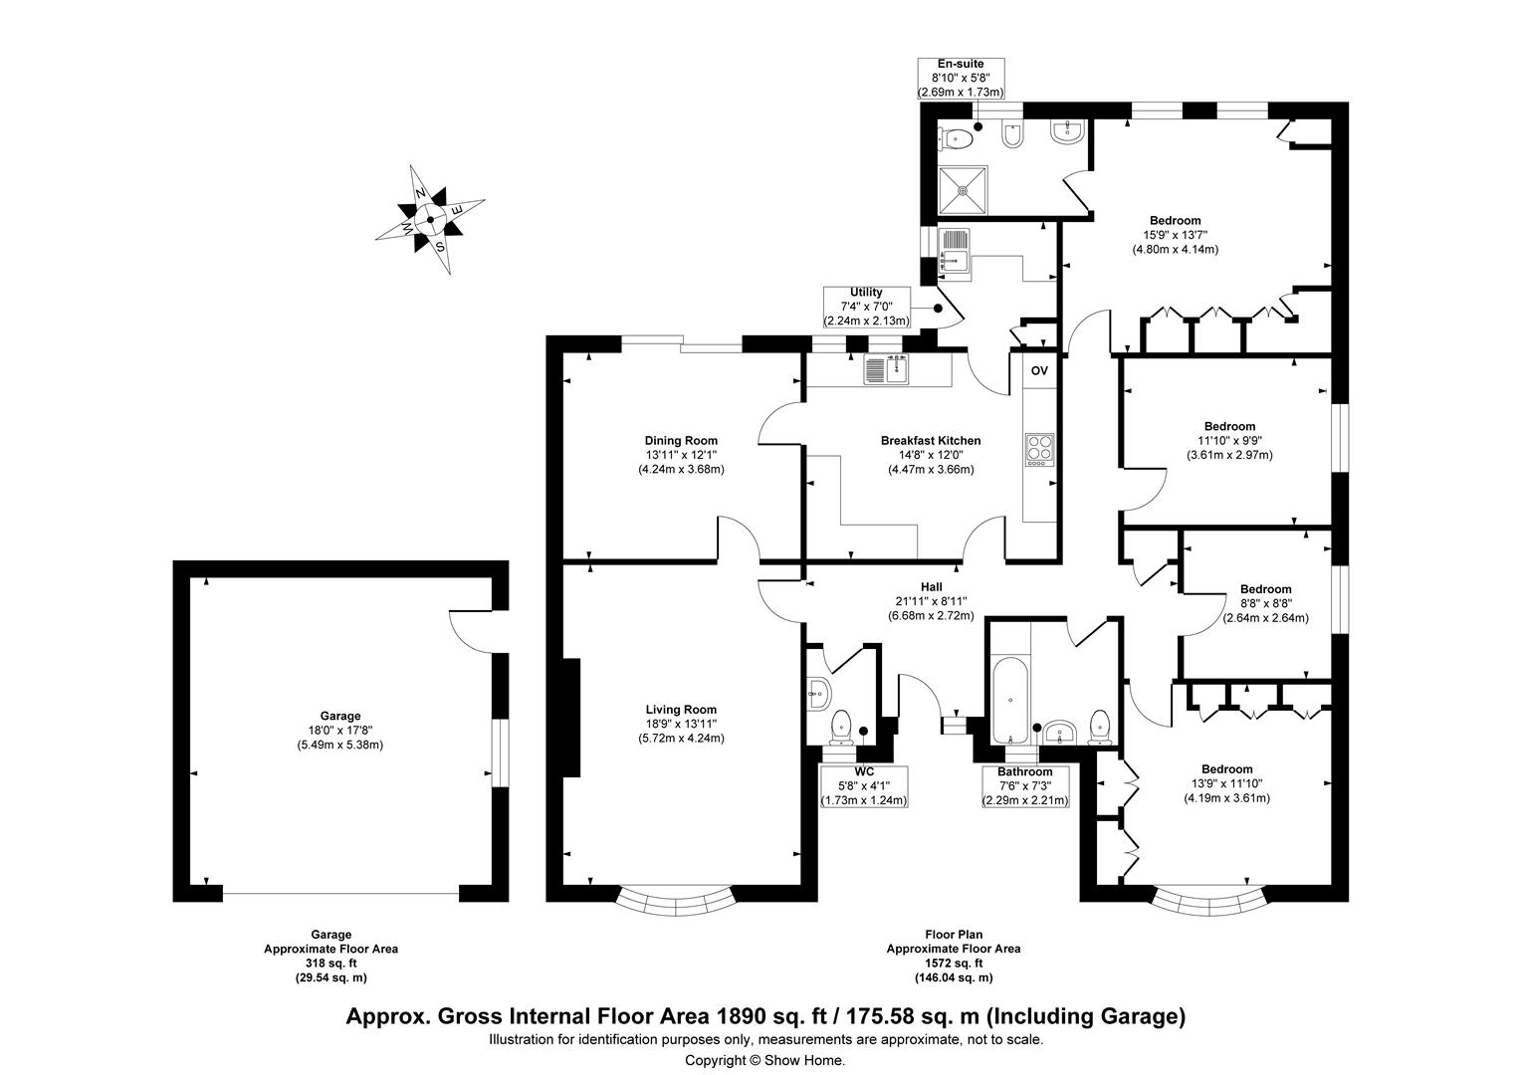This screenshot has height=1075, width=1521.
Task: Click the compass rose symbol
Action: click(430, 219)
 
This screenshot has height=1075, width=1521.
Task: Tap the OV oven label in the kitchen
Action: click(1039, 370)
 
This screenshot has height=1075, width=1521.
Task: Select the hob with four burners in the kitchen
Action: click(1039, 449)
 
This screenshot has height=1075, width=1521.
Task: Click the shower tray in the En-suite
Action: click(965, 190)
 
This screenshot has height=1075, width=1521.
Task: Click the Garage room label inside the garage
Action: click(339, 716)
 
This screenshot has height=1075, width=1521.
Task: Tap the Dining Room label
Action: click(681, 441)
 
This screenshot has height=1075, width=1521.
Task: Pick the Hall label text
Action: click(931, 587)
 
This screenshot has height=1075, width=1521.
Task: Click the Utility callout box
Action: click(865, 307)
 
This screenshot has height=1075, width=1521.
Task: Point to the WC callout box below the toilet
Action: click(863, 786)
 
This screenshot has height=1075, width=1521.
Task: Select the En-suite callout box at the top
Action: click(960, 78)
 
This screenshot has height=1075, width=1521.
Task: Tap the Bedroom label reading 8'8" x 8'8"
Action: click(1265, 603)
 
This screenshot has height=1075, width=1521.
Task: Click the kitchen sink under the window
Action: click(885, 370)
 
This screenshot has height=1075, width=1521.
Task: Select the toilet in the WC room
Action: click(842, 726)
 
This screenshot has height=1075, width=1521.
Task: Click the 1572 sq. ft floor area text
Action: click(953, 964)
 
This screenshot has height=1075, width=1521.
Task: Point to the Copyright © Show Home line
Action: click(764, 1061)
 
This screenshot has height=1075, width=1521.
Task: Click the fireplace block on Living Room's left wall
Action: click(572, 718)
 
